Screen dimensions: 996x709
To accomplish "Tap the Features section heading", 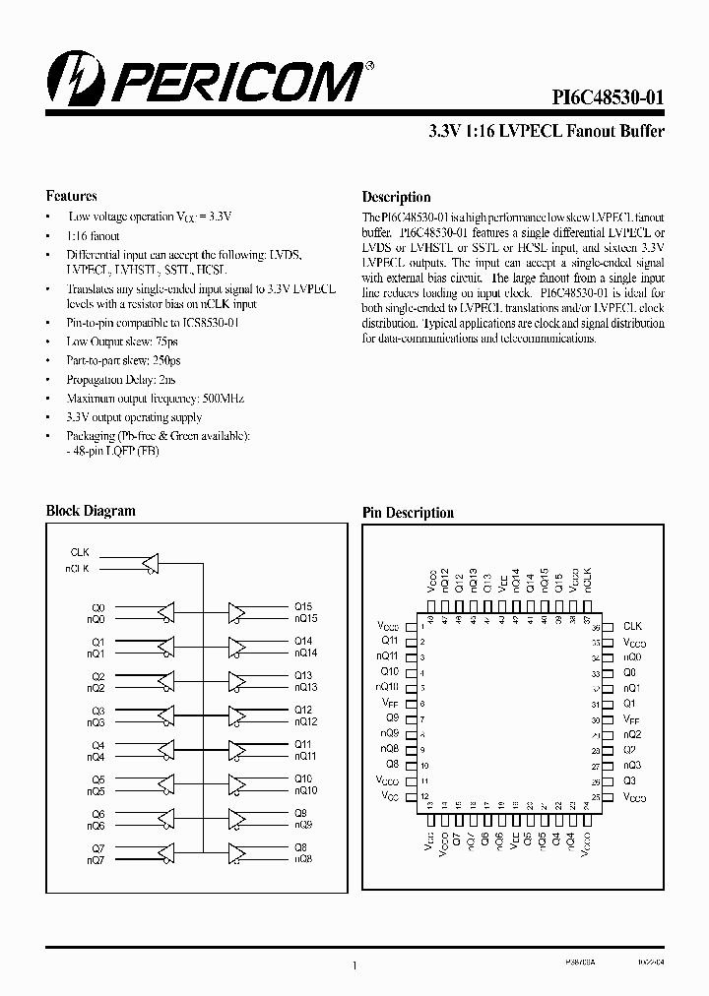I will pos(72,196).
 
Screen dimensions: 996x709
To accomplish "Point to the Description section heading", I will pos(396,197).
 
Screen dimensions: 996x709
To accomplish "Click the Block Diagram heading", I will pos(91,511).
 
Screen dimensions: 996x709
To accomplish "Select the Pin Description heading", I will pos(408,513).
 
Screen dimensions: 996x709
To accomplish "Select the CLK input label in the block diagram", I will pos(80,553).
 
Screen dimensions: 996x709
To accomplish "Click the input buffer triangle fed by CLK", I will pos(151,562).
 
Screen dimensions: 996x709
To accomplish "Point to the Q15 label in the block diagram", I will pos(302,607).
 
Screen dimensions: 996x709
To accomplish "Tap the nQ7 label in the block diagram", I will pos(96,861).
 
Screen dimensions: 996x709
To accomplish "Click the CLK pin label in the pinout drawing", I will pos(632,626).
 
